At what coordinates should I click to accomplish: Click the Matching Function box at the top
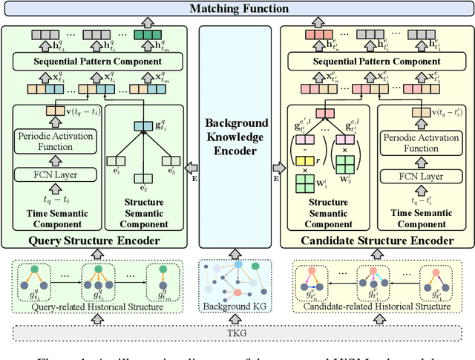point(237,9)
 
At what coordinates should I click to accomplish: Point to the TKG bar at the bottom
point(237,332)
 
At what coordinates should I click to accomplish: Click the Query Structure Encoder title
point(97,240)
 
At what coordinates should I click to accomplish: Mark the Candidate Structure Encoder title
point(376,240)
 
